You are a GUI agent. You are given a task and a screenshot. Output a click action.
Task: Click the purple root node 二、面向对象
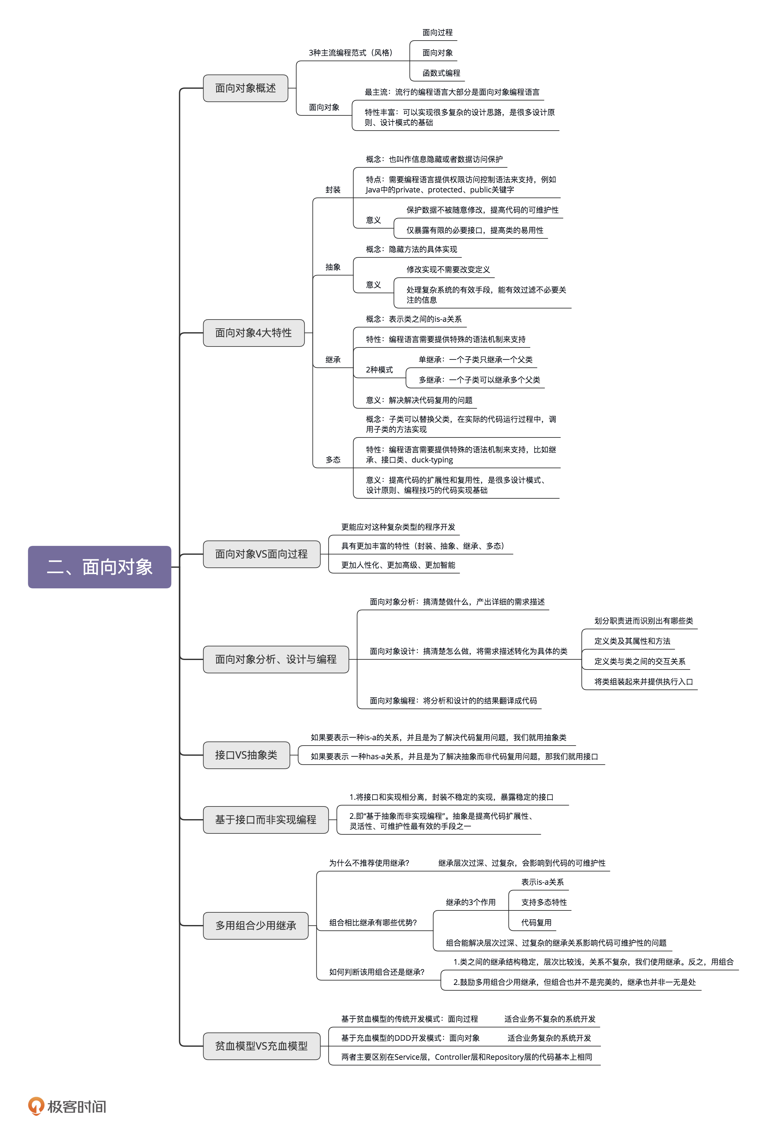tap(99, 567)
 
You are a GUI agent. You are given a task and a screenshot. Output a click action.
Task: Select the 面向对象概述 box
tap(245, 88)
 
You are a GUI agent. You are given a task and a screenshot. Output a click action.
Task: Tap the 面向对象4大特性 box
tap(253, 333)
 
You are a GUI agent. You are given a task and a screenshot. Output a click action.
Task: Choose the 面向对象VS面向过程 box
tap(261, 554)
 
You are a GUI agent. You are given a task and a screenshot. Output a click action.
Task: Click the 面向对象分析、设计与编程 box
tap(276, 659)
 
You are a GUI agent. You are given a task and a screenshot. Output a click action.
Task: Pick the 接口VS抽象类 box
tap(246, 755)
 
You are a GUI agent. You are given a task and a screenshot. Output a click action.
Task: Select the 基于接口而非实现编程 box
tap(266, 820)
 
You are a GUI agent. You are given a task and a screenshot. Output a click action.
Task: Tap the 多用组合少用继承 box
tap(255, 925)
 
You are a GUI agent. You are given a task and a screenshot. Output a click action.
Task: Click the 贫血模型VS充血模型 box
tap(261, 1046)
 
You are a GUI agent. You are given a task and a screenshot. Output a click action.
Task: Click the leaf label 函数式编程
tap(441, 73)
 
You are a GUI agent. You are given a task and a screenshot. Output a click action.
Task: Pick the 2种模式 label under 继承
tap(379, 370)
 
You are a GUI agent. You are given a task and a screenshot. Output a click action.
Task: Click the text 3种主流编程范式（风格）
tap(350, 53)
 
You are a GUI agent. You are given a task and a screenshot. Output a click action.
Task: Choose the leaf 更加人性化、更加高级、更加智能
tap(398, 565)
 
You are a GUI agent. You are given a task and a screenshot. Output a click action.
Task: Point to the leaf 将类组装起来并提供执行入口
tap(643, 682)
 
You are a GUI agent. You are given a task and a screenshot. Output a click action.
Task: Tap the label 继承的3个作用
tap(471, 902)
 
